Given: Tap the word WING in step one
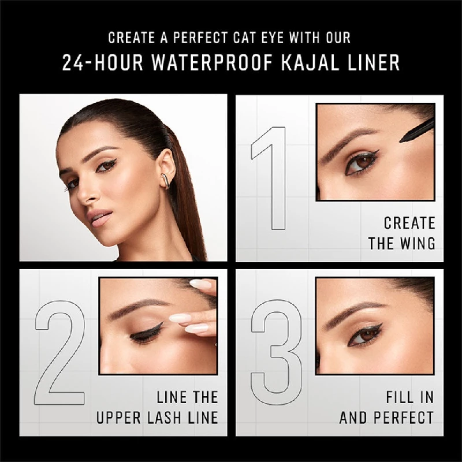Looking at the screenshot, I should click(x=416, y=243).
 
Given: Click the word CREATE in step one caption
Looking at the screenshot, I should click(x=409, y=223).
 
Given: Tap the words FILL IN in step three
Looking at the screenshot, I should click(x=409, y=397).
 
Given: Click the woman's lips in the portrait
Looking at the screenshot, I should click(x=100, y=218).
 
